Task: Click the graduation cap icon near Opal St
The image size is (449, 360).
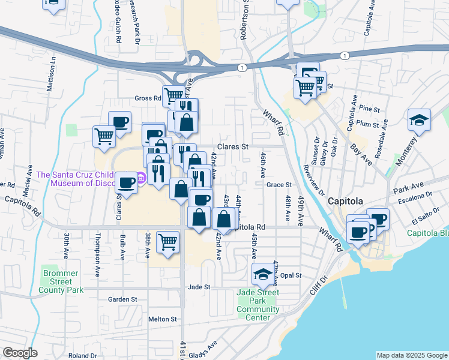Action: click(262, 274)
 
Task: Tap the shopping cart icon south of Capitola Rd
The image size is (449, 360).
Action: click(168, 241)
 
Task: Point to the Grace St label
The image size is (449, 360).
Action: click(279, 185)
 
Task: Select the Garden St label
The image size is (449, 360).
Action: click(122, 299)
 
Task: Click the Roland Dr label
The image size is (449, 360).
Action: click(83, 356)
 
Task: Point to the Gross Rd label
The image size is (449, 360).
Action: click(148, 98)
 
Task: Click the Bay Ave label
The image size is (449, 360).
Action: click(361, 155)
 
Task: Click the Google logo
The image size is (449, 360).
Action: click(20, 353)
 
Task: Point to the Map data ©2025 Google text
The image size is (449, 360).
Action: click(411, 355)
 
